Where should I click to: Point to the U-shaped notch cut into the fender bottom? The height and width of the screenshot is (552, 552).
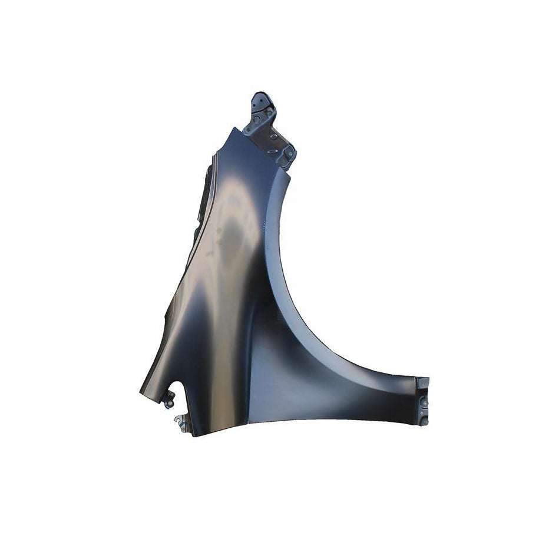(x=174, y=388)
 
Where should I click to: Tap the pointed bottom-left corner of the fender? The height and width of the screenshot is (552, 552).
(x=141, y=394)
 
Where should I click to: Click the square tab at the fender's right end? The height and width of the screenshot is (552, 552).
(x=422, y=384)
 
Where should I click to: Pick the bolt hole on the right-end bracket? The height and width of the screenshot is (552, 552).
(x=423, y=402)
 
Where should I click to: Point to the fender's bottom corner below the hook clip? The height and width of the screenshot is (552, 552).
(x=194, y=435)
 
